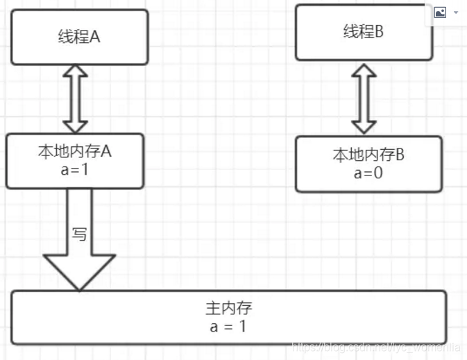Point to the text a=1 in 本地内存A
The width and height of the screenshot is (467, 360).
click(x=75, y=169)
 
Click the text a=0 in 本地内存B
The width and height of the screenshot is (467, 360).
click(x=368, y=173)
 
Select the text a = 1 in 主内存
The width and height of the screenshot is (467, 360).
click(x=228, y=325)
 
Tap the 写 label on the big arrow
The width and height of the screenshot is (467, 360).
click(x=80, y=234)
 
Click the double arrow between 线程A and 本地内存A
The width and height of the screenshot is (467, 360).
click(x=75, y=98)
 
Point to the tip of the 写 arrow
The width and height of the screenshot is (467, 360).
click(x=79, y=287)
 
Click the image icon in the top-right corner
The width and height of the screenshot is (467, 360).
click(x=440, y=12)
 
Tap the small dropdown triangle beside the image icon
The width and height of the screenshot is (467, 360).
click(x=456, y=12)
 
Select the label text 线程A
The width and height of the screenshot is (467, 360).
click(x=79, y=37)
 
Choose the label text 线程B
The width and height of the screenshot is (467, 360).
click(x=363, y=31)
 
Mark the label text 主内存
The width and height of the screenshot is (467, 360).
click(x=228, y=309)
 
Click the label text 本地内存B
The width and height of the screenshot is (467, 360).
click(x=368, y=155)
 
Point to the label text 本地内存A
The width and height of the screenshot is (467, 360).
click(x=75, y=152)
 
